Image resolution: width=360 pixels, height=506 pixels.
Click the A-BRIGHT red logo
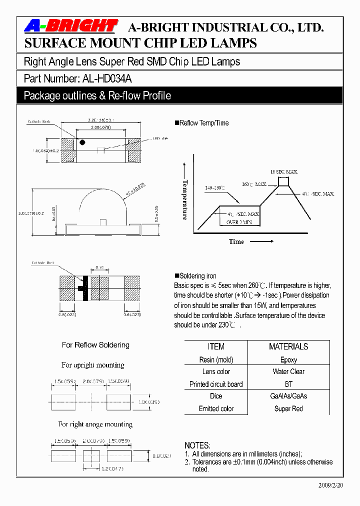pyautogui.click(x=71, y=26)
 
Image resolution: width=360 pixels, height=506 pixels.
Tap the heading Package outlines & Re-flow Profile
pyautogui.click(x=97, y=95)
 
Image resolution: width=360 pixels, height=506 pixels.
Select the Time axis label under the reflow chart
pyautogui.click(x=236, y=241)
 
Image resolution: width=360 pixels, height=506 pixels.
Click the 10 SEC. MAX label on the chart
pyautogui.click(x=284, y=171)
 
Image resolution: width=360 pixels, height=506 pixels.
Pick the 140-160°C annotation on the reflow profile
pyautogui.click(x=215, y=188)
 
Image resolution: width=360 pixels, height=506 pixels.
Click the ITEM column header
pyautogui.click(x=216, y=346)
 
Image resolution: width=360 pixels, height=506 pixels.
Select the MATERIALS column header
pyautogui.click(x=288, y=346)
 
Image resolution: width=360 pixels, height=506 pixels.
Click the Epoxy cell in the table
pyautogui.click(x=288, y=359)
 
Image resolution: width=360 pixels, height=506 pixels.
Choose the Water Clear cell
pyautogui.click(x=288, y=371)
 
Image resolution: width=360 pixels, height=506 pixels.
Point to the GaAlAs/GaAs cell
pyautogui.click(x=288, y=396)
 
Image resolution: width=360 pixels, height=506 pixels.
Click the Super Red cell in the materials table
pyautogui.click(x=288, y=408)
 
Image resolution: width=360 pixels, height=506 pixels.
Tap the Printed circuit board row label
pyautogui.click(x=216, y=384)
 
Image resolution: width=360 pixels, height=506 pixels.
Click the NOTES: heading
pyautogui.click(x=197, y=445)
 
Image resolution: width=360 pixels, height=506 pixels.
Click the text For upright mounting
pyautogui.click(x=93, y=365)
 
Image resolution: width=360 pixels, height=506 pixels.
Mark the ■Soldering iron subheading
pyautogui.click(x=195, y=276)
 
